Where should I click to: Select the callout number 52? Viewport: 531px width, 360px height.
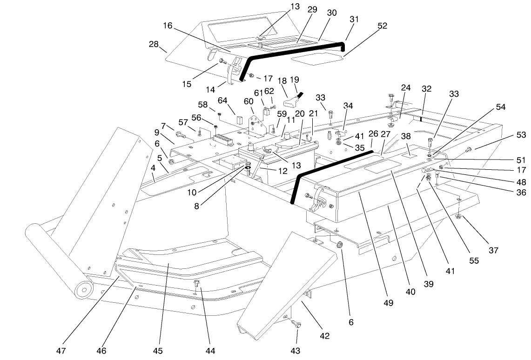coord(382,26)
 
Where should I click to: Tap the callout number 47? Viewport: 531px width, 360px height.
coord(62,350)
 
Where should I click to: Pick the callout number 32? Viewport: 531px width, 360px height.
coord(427,88)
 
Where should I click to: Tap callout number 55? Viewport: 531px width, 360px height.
coord(474,261)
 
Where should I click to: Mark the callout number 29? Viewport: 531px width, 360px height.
coord(312,10)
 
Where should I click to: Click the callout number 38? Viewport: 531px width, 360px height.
coord(406,137)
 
